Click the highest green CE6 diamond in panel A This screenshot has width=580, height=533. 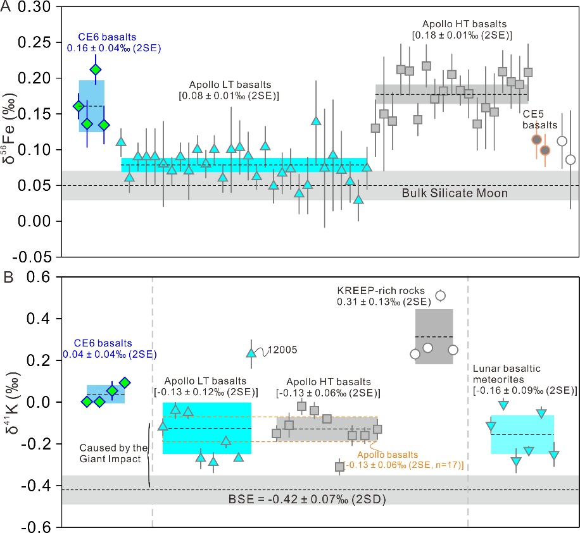96,70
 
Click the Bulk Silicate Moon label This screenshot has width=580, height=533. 455,192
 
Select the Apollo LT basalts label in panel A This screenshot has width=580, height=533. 234,90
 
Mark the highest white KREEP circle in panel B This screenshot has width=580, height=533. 441,295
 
